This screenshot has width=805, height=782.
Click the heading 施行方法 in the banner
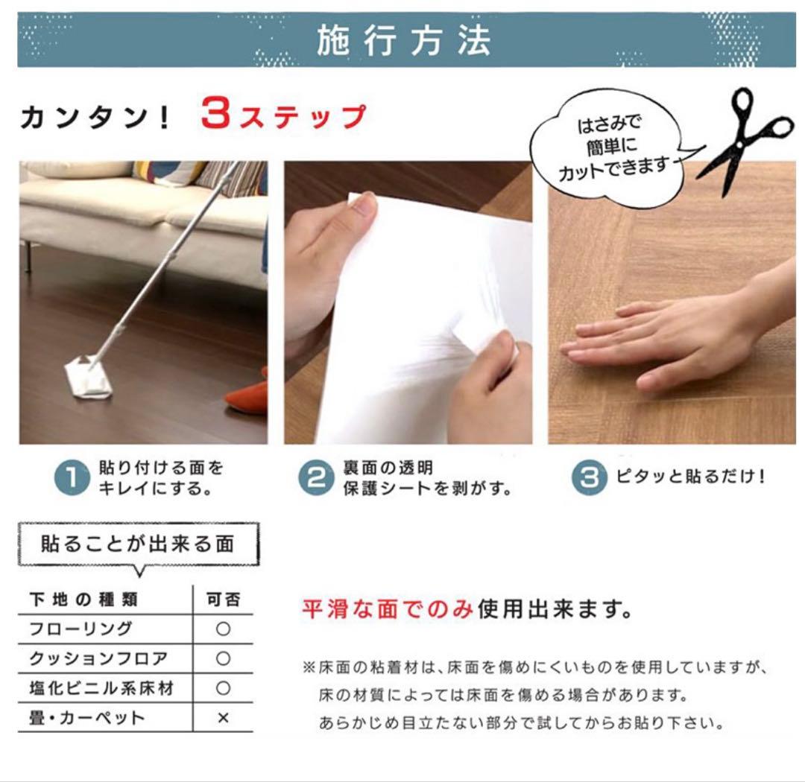click(403, 40)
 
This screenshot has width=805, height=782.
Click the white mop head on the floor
click(87, 376)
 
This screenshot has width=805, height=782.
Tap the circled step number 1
click(72, 477)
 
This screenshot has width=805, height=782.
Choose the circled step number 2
click(316, 477)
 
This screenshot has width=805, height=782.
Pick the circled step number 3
click(590, 477)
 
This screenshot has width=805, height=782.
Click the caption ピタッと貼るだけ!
click(691, 477)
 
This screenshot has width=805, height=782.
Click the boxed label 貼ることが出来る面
click(138, 544)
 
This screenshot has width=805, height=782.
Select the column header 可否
click(224, 600)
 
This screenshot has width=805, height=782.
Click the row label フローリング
click(80, 629)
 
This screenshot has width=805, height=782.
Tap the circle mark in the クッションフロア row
click(223, 658)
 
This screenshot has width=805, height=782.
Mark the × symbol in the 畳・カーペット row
click(223, 717)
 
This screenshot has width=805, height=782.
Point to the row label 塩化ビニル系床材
click(101, 688)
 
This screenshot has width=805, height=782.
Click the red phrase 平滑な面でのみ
click(388, 609)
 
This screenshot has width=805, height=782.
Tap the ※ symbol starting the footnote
click(309, 667)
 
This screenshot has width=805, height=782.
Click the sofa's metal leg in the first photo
click(29, 256)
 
